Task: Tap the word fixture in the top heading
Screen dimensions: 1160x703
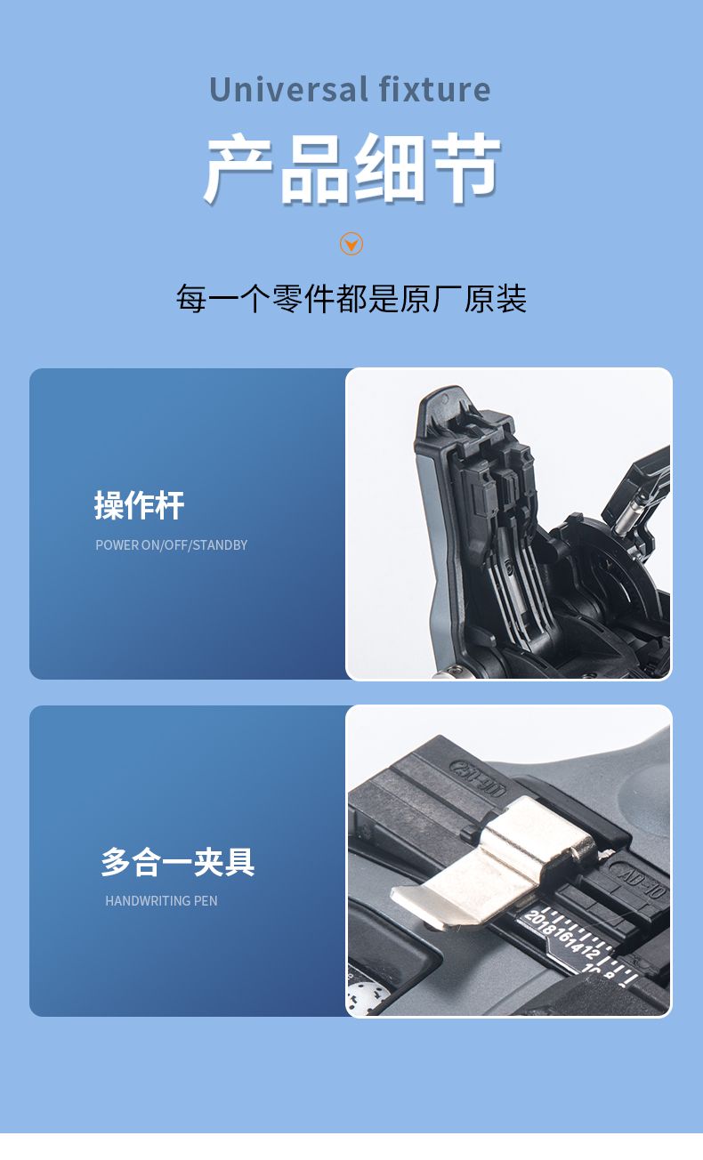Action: [x=434, y=90]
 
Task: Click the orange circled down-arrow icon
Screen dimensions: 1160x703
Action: [x=351, y=244]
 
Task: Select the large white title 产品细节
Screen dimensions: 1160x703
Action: [x=351, y=169]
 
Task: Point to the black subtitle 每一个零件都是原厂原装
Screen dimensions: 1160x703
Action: [x=351, y=299]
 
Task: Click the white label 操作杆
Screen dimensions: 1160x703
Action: [x=139, y=505]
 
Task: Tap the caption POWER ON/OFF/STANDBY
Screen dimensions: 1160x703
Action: [x=171, y=545]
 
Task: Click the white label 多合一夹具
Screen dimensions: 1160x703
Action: [x=177, y=862]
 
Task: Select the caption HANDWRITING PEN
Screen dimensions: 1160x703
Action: [x=161, y=901]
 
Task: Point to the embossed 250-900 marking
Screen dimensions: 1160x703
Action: [x=478, y=773]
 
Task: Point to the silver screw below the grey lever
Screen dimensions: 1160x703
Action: [x=441, y=673]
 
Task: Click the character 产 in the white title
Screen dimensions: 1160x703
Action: [x=238, y=169]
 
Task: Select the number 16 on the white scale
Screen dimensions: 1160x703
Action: [x=567, y=938]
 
